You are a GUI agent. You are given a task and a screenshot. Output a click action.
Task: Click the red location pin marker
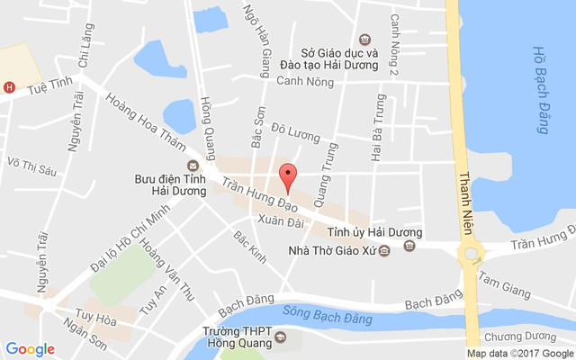(288, 176)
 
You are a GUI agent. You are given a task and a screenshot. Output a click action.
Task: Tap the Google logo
(30, 349)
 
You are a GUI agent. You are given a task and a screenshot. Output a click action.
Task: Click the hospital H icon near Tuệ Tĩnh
(9, 87)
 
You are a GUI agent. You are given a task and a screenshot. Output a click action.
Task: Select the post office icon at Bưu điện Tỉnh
(192, 165)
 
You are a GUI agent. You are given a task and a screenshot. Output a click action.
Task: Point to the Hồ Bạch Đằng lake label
(540, 90)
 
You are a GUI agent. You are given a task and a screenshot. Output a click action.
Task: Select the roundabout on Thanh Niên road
(469, 254)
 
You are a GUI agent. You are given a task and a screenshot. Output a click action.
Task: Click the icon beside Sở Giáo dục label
(364, 39)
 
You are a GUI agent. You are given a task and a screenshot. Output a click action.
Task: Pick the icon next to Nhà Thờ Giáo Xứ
(384, 250)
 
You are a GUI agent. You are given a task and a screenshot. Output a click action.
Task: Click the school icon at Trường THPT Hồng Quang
(279, 338)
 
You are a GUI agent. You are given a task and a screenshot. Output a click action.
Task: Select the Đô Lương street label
(295, 134)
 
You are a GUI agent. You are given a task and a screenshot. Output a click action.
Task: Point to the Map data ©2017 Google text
(519, 353)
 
